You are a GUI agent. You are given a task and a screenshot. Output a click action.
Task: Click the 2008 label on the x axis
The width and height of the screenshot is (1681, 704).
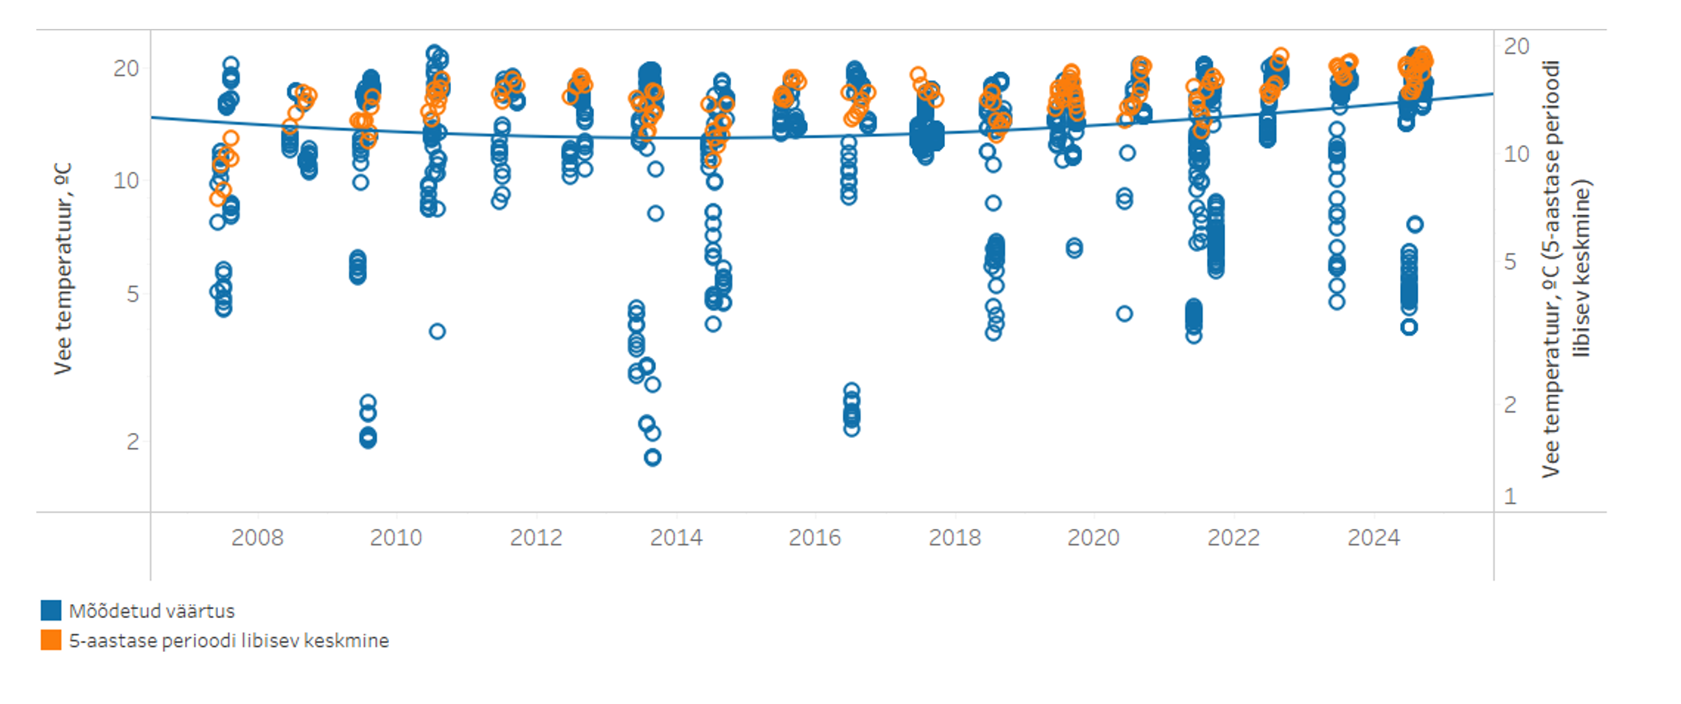(x=257, y=538)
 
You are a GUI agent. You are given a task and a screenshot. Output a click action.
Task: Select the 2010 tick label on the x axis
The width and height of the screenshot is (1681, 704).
(x=396, y=538)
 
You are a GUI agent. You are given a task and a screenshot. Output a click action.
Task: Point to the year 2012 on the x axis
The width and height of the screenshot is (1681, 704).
(x=536, y=538)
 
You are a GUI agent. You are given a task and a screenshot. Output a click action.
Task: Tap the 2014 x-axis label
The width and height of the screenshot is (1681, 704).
(x=676, y=538)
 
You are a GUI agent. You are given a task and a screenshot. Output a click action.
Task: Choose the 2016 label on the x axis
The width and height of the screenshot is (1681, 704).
(x=814, y=538)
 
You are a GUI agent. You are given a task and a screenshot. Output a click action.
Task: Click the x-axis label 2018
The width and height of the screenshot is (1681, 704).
(x=955, y=538)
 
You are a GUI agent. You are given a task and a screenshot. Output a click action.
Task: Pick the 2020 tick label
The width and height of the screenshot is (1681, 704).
(x=1094, y=538)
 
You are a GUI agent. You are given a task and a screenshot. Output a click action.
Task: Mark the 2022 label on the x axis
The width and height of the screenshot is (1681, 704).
(x=1234, y=538)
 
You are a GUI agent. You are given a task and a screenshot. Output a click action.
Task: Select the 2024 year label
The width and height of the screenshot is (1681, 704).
(x=1374, y=538)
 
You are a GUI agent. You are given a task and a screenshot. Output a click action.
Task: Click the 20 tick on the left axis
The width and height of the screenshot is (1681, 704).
(x=126, y=69)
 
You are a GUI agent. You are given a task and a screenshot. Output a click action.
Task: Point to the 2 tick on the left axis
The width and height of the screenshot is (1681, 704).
(x=133, y=442)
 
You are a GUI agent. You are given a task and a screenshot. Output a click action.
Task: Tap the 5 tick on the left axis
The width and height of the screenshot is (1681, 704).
(x=133, y=294)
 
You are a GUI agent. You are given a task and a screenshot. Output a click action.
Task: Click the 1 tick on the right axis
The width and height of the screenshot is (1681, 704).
(x=1511, y=497)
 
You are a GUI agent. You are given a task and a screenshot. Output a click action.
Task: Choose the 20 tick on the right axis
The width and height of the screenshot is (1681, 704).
(x=1517, y=46)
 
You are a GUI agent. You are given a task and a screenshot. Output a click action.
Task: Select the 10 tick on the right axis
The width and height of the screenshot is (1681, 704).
(x=1517, y=155)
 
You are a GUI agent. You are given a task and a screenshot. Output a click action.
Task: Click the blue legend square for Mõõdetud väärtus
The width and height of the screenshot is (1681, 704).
(x=51, y=611)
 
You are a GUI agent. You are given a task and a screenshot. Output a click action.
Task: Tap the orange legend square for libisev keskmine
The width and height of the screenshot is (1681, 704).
(x=51, y=640)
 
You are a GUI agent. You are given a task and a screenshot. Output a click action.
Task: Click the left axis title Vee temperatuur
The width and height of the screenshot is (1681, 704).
(x=63, y=269)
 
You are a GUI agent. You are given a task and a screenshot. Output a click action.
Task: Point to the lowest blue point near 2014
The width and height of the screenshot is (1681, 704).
(x=653, y=457)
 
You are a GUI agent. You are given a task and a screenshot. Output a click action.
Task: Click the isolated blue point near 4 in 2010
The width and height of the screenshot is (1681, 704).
(x=437, y=331)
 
